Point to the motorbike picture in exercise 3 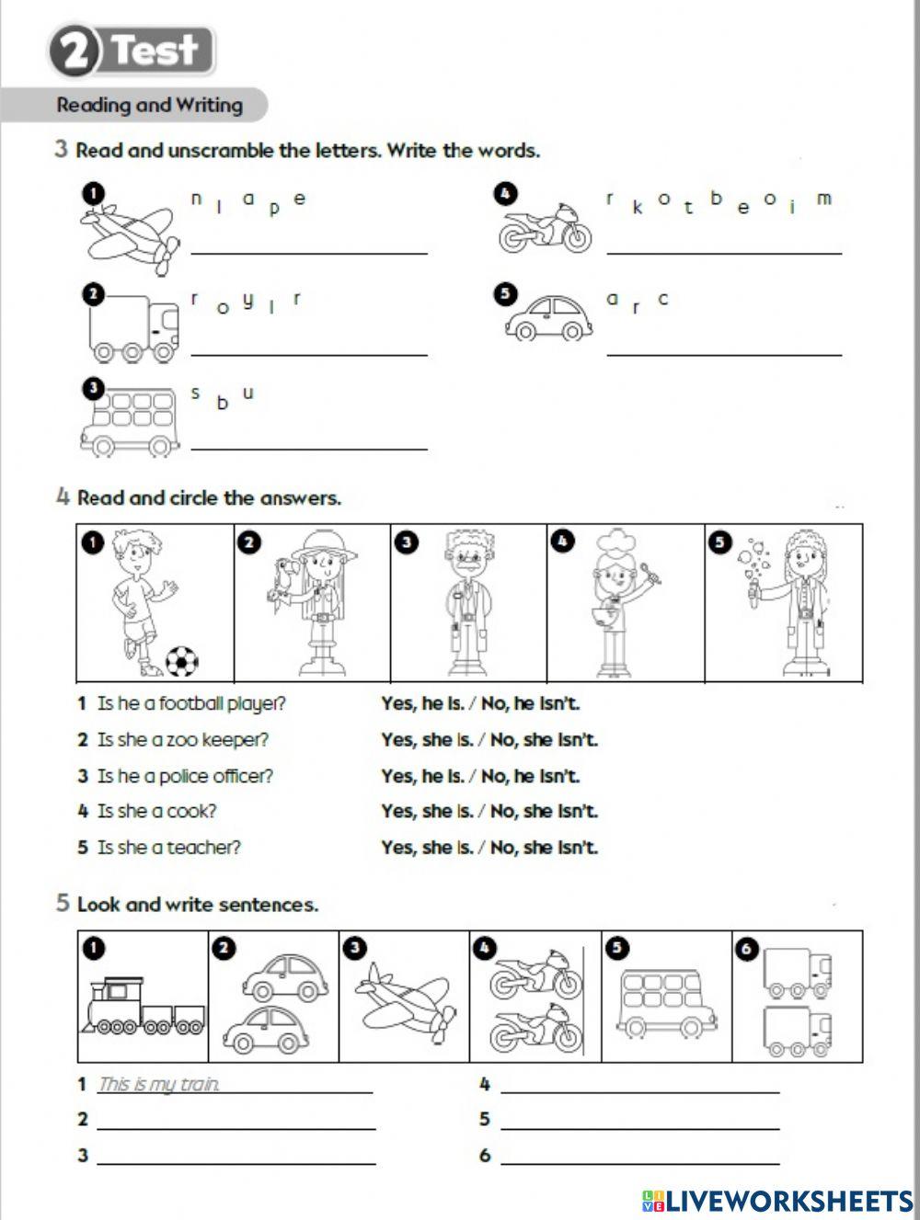click(x=544, y=229)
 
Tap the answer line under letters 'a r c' click(x=724, y=353)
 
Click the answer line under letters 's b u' click(x=309, y=448)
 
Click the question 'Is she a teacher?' click(x=169, y=848)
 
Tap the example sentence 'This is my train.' click(x=159, y=1085)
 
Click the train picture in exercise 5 click(x=143, y=1008)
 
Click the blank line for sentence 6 click(x=640, y=1162)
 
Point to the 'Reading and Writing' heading click(x=150, y=105)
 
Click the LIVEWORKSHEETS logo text click(x=788, y=1200)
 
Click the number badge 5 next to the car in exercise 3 click(x=504, y=294)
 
